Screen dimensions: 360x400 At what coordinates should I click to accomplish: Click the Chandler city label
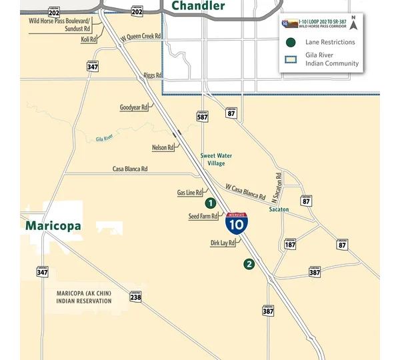pyautogui.click(x=198, y=6)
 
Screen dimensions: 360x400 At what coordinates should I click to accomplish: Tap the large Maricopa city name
pyautogui.click(x=53, y=226)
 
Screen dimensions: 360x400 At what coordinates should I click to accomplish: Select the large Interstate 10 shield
pyautogui.click(x=236, y=223)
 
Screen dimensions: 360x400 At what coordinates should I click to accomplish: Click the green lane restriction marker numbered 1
pyautogui.click(x=210, y=203)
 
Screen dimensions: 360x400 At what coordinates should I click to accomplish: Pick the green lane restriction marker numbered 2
pyautogui.click(x=249, y=264)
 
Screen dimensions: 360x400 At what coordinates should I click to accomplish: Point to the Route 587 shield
pyautogui.click(x=203, y=116)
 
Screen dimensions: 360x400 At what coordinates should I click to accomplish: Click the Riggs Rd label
pyautogui.click(x=153, y=75)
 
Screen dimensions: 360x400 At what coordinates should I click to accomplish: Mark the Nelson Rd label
pyautogui.click(x=163, y=147)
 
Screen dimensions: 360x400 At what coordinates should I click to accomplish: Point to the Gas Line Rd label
pyautogui.click(x=189, y=193)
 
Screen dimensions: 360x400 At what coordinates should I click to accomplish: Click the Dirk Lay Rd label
pyautogui.click(x=223, y=243)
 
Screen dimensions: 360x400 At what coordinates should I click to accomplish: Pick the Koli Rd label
pyautogui.click(x=89, y=40)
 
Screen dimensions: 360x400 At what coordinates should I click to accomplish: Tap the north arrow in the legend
pyautogui.click(x=354, y=24)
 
